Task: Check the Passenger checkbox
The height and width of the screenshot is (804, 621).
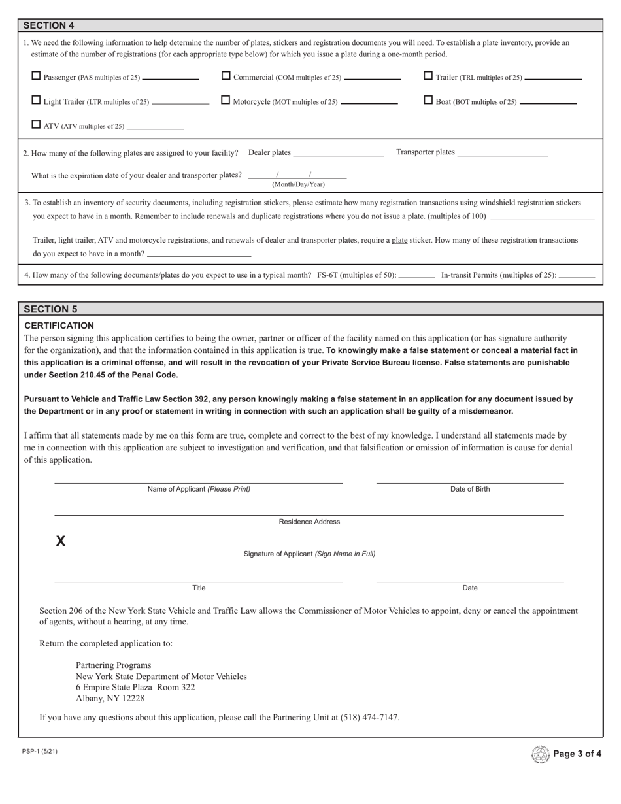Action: pos(37,76)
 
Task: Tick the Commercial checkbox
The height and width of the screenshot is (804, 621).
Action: pos(226,76)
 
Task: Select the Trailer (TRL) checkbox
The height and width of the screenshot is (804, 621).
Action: pos(429,76)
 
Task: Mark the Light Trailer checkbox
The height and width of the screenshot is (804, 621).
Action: pos(37,100)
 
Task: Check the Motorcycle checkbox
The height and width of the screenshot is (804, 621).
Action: pos(226,100)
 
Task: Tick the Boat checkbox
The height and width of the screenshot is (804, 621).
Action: pos(429,100)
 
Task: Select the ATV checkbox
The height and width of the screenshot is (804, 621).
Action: pos(37,124)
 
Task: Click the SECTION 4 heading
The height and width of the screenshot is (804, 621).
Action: pos(49,25)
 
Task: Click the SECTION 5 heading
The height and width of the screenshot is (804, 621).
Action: pos(50,309)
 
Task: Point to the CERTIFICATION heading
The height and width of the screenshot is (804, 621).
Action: pos(59,326)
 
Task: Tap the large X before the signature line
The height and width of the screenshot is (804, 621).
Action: pos(61,541)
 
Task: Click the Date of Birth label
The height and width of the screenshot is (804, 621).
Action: pos(469,489)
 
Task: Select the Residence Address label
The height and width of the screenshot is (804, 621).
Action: pos(309,522)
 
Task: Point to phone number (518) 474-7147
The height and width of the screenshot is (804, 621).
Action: pos(369,717)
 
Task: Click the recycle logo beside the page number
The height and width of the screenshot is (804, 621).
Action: pos(541,754)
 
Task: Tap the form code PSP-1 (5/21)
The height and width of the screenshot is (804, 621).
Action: pos(40,751)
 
